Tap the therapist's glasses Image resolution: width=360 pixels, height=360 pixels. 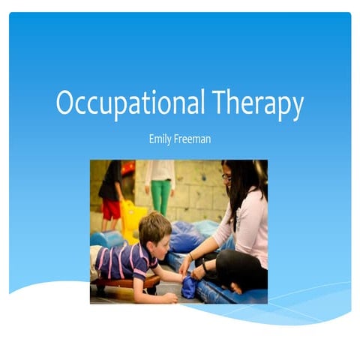pyautogui.click(x=226, y=178)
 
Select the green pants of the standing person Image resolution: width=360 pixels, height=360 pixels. pyautogui.click(x=161, y=196)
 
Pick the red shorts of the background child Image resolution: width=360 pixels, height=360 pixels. pyautogui.click(x=112, y=209)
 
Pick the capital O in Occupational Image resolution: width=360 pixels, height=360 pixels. pyautogui.click(x=67, y=103)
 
